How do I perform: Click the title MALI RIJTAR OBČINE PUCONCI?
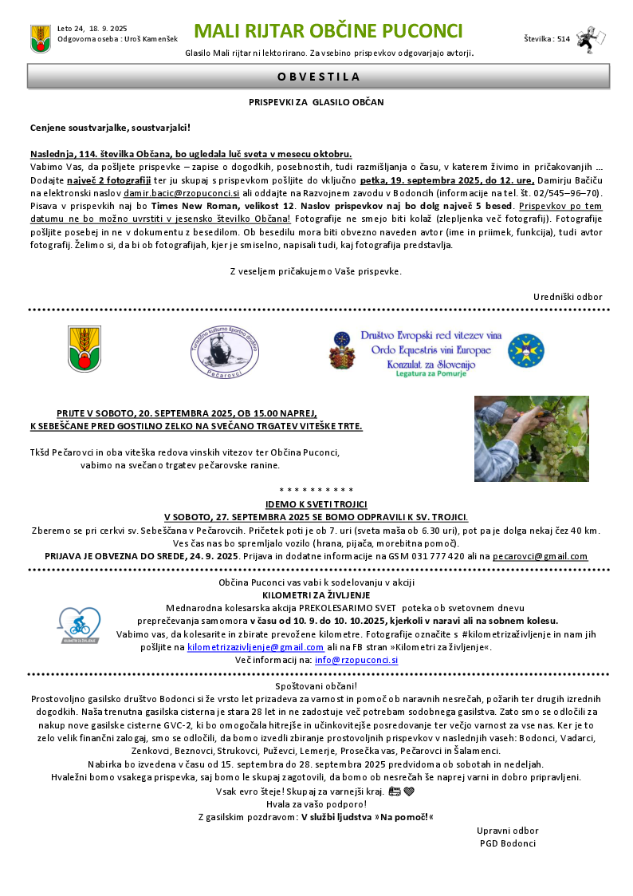point(328,31)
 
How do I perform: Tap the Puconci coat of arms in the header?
point(40,37)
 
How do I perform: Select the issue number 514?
point(564,38)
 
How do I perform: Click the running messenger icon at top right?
point(590,37)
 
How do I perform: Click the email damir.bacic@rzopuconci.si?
point(181,193)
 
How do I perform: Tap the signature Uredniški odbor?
point(568,297)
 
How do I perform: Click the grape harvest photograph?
point(531,438)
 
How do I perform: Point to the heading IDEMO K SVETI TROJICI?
point(316,504)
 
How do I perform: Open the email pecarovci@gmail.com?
point(540,556)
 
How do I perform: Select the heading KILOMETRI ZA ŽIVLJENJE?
point(316,595)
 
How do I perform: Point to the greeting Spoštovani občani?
point(316,685)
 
